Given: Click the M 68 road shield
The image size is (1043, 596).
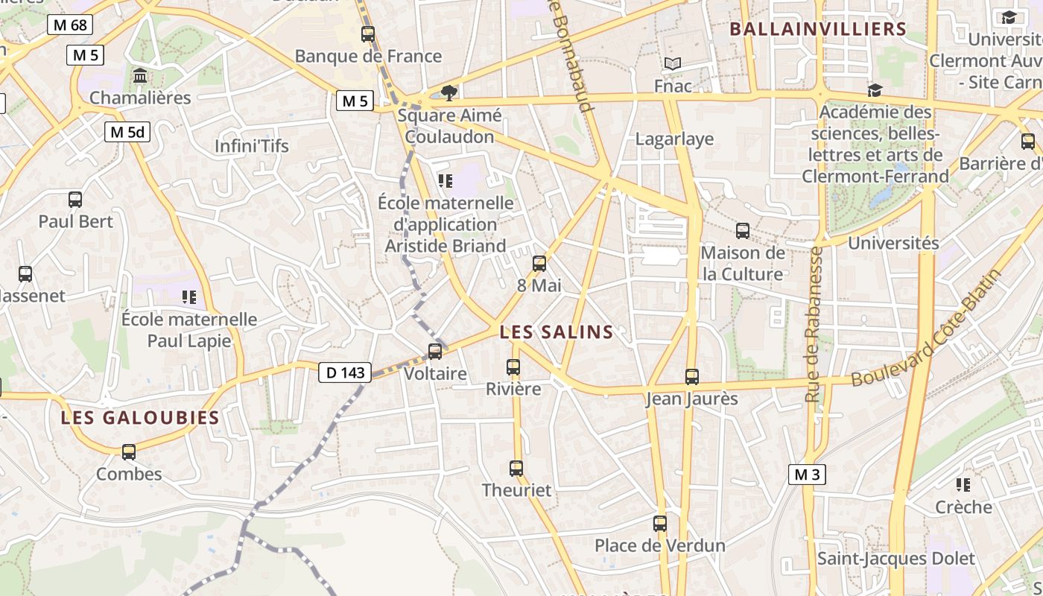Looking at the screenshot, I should [71, 25].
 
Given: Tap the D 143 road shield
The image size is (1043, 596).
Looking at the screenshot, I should [345, 372].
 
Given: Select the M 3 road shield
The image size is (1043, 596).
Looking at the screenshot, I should [807, 474].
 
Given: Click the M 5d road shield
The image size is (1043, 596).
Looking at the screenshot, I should [127, 132].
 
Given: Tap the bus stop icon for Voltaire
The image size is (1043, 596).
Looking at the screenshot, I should [434, 351].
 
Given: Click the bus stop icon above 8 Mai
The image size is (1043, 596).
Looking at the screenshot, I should [539, 263].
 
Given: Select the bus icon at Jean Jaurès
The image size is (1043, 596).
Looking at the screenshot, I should [692, 377].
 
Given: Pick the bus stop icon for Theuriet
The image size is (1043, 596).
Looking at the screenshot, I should [516, 468].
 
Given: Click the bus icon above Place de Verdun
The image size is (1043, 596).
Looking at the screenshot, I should [660, 524].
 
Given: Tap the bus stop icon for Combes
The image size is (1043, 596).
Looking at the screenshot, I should [129, 451].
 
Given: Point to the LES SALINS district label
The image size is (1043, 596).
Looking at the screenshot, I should [557, 332].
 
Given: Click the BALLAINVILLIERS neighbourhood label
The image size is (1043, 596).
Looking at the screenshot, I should [817, 29].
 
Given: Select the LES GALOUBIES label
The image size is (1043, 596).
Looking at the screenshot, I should [140, 417].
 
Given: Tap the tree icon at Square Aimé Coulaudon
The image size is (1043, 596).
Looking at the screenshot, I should [448, 92].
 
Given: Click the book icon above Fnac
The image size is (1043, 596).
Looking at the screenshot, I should [673, 64].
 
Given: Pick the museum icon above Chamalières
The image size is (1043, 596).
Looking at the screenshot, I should [140, 76].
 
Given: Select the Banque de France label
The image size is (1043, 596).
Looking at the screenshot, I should [368, 56].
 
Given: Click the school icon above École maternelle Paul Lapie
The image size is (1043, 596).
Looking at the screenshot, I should [189, 297].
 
